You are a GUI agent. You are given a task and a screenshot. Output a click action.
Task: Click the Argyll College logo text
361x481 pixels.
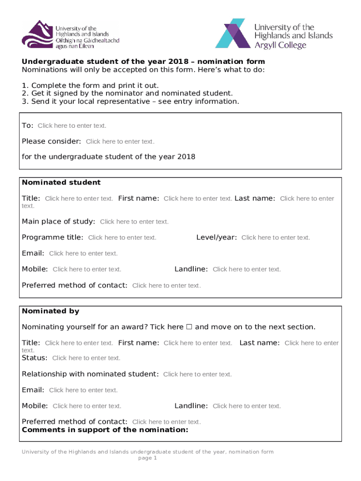(280, 45)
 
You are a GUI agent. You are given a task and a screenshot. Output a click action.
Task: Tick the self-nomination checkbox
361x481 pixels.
(189, 327)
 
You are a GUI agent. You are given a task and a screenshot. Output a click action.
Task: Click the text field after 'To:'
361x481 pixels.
(72, 126)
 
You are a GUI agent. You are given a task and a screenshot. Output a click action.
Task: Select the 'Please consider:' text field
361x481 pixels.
(120, 142)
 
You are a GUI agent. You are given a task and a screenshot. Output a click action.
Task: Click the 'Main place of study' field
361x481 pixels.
(134, 222)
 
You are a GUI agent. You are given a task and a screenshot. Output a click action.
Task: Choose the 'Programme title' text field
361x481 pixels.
(122, 238)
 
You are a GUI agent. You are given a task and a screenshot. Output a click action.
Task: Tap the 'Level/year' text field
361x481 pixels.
(276, 238)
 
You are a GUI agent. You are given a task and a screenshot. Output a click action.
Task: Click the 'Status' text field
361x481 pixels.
(86, 358)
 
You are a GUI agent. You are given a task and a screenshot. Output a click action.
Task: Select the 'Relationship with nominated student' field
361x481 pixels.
(197, 374)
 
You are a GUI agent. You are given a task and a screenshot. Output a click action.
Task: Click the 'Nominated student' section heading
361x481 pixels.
(61, 182)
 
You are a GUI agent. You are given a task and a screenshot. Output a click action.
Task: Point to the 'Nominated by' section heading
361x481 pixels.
(51, 311)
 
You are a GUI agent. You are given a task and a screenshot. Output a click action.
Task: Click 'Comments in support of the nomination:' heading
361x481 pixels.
(105, 430)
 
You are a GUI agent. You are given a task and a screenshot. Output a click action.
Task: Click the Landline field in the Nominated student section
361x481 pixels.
(247, 269)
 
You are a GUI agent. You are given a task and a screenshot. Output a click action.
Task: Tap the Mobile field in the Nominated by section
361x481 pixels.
(87, 406)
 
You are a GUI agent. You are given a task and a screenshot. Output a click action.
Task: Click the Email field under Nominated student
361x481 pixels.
(83, 254)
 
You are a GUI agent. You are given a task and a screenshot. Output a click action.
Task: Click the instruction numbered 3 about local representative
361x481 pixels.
(130, 101)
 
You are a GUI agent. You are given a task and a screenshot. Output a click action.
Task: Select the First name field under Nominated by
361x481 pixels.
(198, 343)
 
